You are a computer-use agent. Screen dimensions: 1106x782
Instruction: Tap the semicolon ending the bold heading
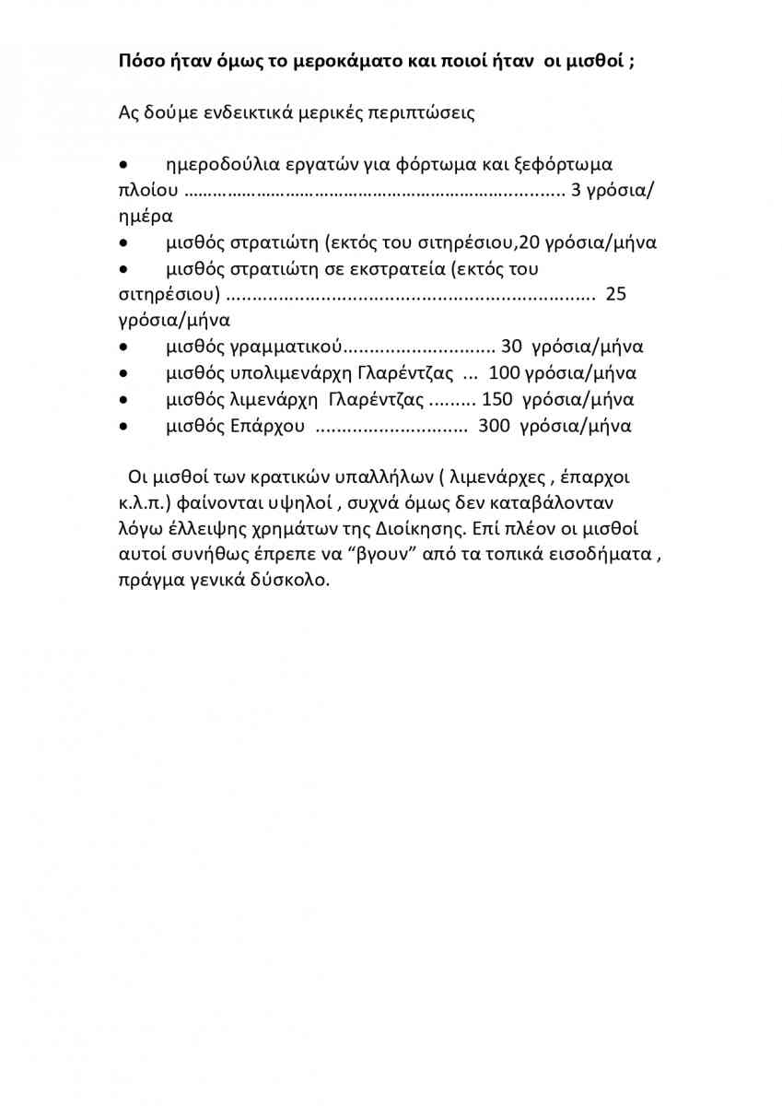tap(632, 63)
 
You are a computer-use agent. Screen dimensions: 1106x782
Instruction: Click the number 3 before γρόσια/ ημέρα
tap(577, 192)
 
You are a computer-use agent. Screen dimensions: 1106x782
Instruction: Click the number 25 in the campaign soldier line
tap(616, 295)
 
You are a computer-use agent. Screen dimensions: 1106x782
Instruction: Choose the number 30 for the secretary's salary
tap(511, 347)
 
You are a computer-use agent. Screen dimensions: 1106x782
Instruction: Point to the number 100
tap(504, 373)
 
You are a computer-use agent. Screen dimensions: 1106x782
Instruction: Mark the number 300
tap(495, 426)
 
